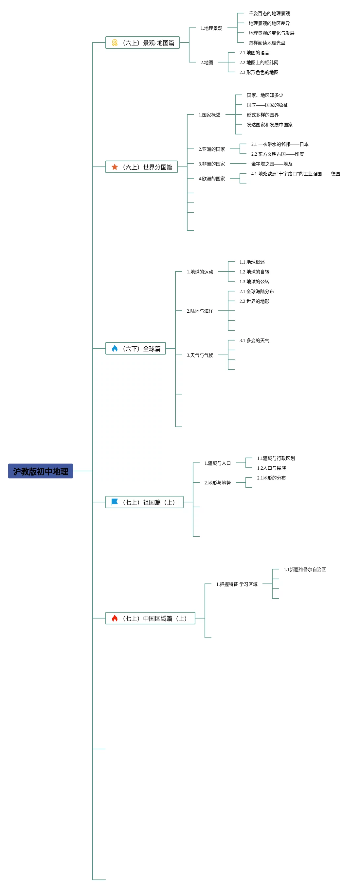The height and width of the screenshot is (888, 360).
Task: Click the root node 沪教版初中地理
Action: pos(40,471)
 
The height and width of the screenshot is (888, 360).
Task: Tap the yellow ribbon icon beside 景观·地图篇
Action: pos(115,43)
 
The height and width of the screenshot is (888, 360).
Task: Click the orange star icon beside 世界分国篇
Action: pos(115,167)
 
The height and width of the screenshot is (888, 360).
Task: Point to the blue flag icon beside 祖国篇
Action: pos(115,502)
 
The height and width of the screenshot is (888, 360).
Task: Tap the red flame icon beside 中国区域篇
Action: pos(115,618)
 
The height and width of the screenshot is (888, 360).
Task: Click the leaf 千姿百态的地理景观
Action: pos(269,13)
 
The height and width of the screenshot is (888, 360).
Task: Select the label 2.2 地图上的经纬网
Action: pos(259,62)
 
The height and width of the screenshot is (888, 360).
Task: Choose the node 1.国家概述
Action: pos(209,115)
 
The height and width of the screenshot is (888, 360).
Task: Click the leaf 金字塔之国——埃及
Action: pos(271,164)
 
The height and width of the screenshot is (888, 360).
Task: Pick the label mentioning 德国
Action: pos(295,174)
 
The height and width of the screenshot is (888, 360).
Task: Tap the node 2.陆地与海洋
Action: pos(200,311)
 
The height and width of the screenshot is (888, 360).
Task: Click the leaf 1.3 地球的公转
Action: pos(254,282)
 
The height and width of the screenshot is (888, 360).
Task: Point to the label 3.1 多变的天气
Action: pos(254,340)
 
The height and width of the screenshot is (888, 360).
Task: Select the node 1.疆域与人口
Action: pos(217,463)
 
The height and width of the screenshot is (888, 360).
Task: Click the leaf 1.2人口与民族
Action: pos(271,468)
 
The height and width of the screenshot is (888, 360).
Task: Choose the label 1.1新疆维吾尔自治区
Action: pos(304,569)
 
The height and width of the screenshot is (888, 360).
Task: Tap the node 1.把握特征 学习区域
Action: pos(237,584)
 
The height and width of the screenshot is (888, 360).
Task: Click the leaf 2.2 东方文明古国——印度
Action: pos(277,154)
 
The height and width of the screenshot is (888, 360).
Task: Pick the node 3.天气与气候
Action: pos(200,355)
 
